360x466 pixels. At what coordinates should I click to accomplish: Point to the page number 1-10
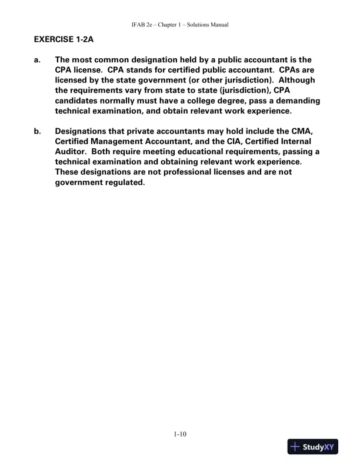(x=180, y=434)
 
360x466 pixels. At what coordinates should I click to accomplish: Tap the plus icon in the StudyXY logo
(x=296, y=447)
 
